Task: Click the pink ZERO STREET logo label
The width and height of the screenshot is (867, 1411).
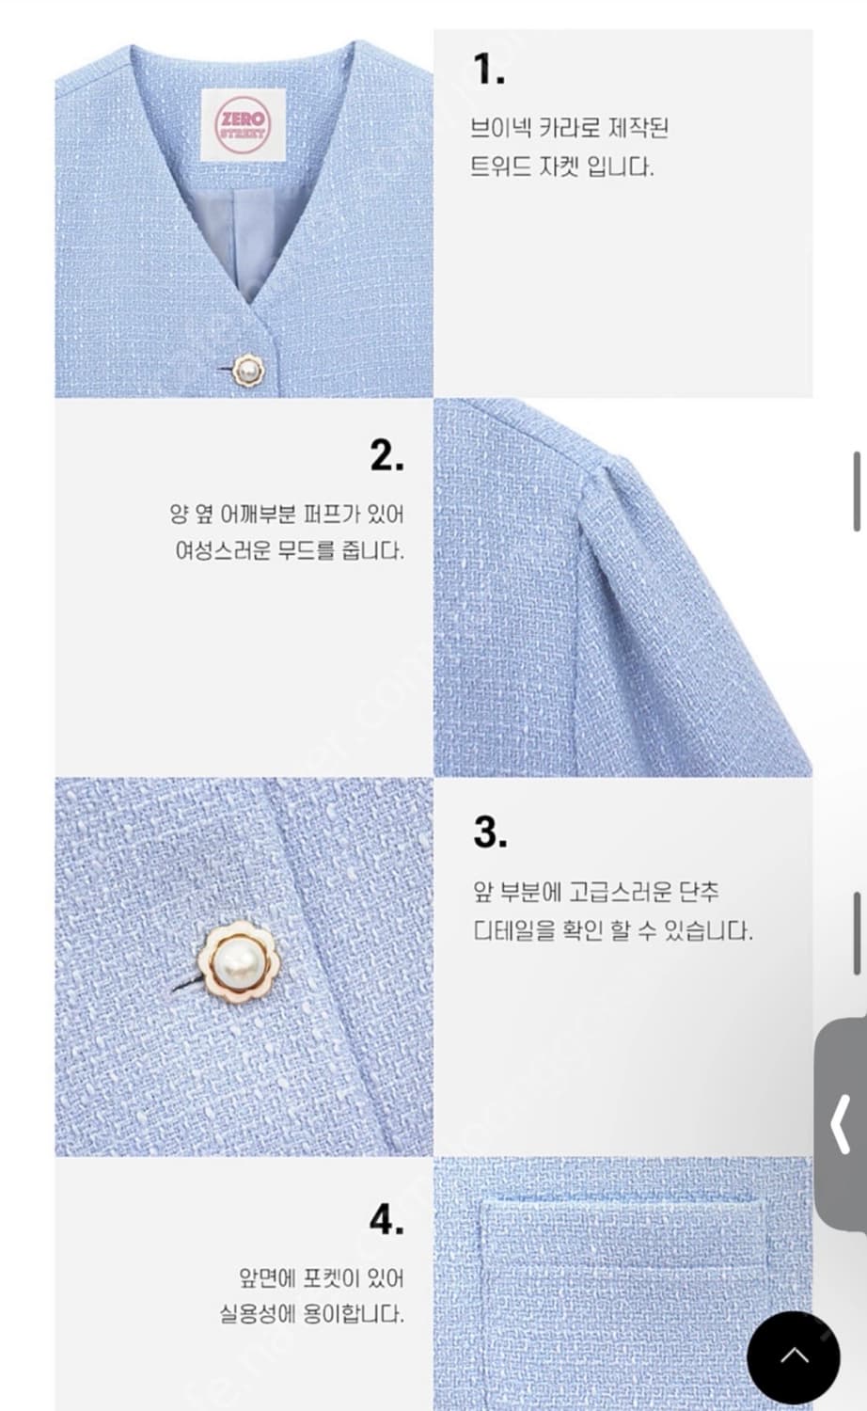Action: coord(243,125)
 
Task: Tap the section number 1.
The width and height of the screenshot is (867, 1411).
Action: coord(489,69)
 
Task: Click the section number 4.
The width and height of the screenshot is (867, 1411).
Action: coord(386,1219)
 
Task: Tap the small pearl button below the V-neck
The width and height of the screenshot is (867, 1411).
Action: coord(247,371)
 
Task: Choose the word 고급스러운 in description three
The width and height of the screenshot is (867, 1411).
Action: coord(620,892)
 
